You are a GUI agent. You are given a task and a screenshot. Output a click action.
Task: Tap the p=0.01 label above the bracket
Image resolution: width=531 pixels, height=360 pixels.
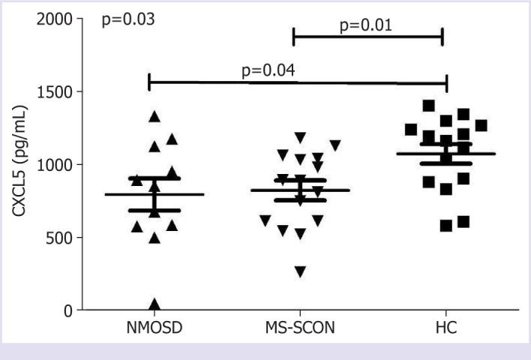[367, 25]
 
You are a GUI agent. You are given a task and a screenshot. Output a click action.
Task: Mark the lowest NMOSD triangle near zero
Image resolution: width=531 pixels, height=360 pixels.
[155, 304]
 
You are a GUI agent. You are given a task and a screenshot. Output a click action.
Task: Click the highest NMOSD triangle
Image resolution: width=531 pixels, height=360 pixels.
[155, 116]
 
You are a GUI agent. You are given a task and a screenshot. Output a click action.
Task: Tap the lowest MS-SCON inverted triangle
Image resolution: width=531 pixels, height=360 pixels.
[299, 271]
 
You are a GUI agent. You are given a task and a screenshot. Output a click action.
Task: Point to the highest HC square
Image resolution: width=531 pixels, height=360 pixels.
[429, 106]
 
